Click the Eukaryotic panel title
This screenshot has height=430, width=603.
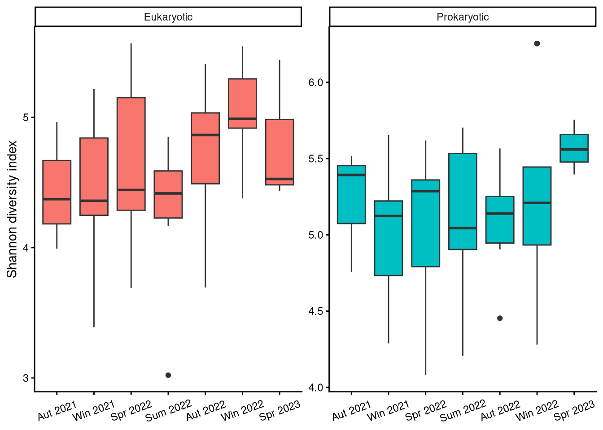click(168, 17)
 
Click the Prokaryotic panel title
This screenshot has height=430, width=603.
click(463, 17)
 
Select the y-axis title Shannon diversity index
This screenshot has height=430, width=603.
click(12, 209)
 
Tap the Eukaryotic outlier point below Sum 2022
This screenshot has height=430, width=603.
click(168, 375)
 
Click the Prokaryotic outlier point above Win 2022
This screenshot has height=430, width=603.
click(537, 43)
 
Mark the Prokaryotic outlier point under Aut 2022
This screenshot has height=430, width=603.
click(500, 318)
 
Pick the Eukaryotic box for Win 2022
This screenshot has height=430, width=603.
click(242, 103)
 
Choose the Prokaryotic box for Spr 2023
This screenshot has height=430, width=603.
click(574, 148)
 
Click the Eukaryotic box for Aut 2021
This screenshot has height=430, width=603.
click(57, 192)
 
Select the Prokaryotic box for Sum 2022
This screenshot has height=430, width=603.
click(463, 201)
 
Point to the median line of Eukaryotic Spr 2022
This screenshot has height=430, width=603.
click(131, 190)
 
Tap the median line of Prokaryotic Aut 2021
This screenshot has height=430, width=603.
click(351, 175)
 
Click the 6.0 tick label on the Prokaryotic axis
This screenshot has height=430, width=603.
click(317, 82)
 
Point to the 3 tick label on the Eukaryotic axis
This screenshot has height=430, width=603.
click(26, 378)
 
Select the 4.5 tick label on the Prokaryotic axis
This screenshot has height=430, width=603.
click(317, 311)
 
